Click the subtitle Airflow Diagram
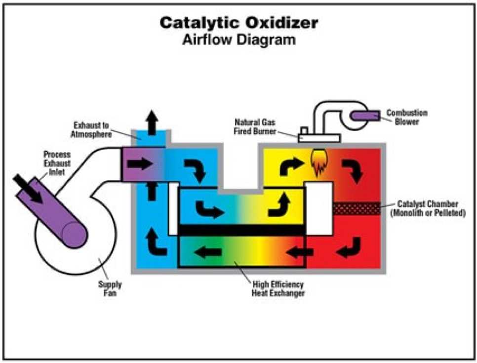click(x=238, y=40)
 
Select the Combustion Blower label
click(x=406, y=117)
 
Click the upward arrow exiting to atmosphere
click(x=152, y=121)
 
